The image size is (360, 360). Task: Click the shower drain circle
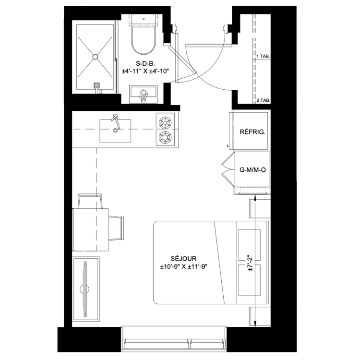coord(96,57)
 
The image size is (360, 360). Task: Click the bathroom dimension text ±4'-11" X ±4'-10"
coord(145,71)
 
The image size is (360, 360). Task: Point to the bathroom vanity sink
coord(144,94)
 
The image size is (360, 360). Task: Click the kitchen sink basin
coord(115,131)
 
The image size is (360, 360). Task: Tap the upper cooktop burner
coord(165,122)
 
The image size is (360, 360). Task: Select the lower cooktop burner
coord(165,137)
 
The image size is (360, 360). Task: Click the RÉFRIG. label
coord(252,132)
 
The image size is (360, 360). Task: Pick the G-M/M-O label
coord(252,169)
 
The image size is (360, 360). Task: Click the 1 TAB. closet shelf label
coord(263,56)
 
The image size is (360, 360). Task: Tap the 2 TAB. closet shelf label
coord(263,100)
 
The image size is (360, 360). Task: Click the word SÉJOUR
coord(183,259)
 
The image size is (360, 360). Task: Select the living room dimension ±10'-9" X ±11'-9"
coord(184,267)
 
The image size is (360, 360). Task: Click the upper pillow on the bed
coord(249,245)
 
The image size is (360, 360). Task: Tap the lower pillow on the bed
coord(249,280)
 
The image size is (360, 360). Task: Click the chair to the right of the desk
coord(117,228)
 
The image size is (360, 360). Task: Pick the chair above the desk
coord(90,201)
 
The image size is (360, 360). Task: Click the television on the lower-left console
coord(85,289)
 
